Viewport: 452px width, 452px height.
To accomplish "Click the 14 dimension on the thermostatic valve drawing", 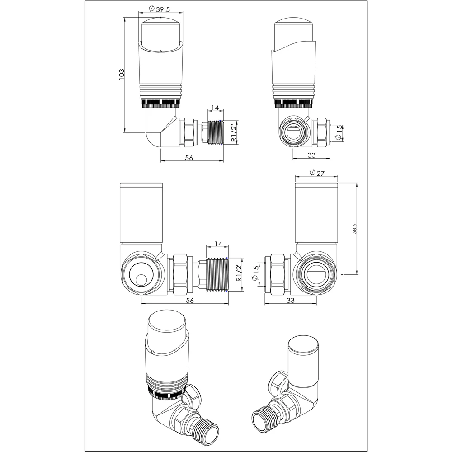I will [215, 108].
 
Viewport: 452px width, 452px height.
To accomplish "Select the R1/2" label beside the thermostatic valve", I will [234, 133].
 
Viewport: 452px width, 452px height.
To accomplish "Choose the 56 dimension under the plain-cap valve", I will [190, 301].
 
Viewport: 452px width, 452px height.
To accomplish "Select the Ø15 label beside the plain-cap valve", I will [255, 275].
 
